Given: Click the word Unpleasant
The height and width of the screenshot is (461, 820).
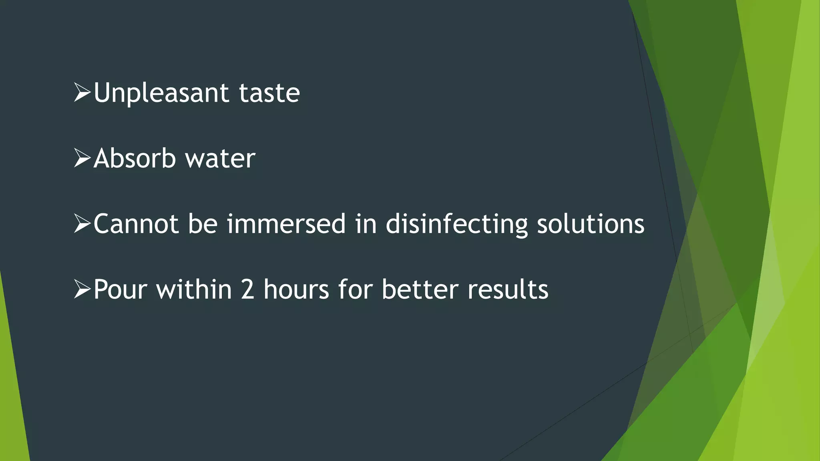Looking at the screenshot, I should point(161,93).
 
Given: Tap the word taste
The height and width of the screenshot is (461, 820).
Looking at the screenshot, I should point(269,93).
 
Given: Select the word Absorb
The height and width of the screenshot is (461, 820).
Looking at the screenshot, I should point(135,158).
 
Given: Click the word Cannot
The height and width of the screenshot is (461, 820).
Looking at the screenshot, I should point(136,224).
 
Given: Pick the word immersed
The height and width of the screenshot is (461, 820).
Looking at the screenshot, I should point(286,224).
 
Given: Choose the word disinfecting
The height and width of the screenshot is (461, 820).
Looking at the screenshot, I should point(456,224).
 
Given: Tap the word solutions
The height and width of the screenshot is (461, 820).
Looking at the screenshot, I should point(591,224).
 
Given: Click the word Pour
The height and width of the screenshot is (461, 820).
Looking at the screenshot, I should point(120,289).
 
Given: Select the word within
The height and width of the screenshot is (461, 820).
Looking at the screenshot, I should point(194,289).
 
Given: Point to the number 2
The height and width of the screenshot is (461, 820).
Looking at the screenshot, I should point(247,289).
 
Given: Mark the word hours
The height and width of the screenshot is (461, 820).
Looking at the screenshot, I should point(296,289).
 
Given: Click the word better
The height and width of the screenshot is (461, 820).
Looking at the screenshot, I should point(420,289).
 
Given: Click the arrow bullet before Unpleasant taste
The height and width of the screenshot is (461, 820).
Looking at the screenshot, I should point(82,93).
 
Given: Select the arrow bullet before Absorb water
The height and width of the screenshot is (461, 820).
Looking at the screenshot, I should point(82,158).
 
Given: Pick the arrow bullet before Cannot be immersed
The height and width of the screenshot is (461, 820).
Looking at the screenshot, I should point(82,224).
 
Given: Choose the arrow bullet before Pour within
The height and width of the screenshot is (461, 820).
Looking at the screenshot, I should point(82,289).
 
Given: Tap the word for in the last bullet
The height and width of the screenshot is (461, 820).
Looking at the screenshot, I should point(355,289).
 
